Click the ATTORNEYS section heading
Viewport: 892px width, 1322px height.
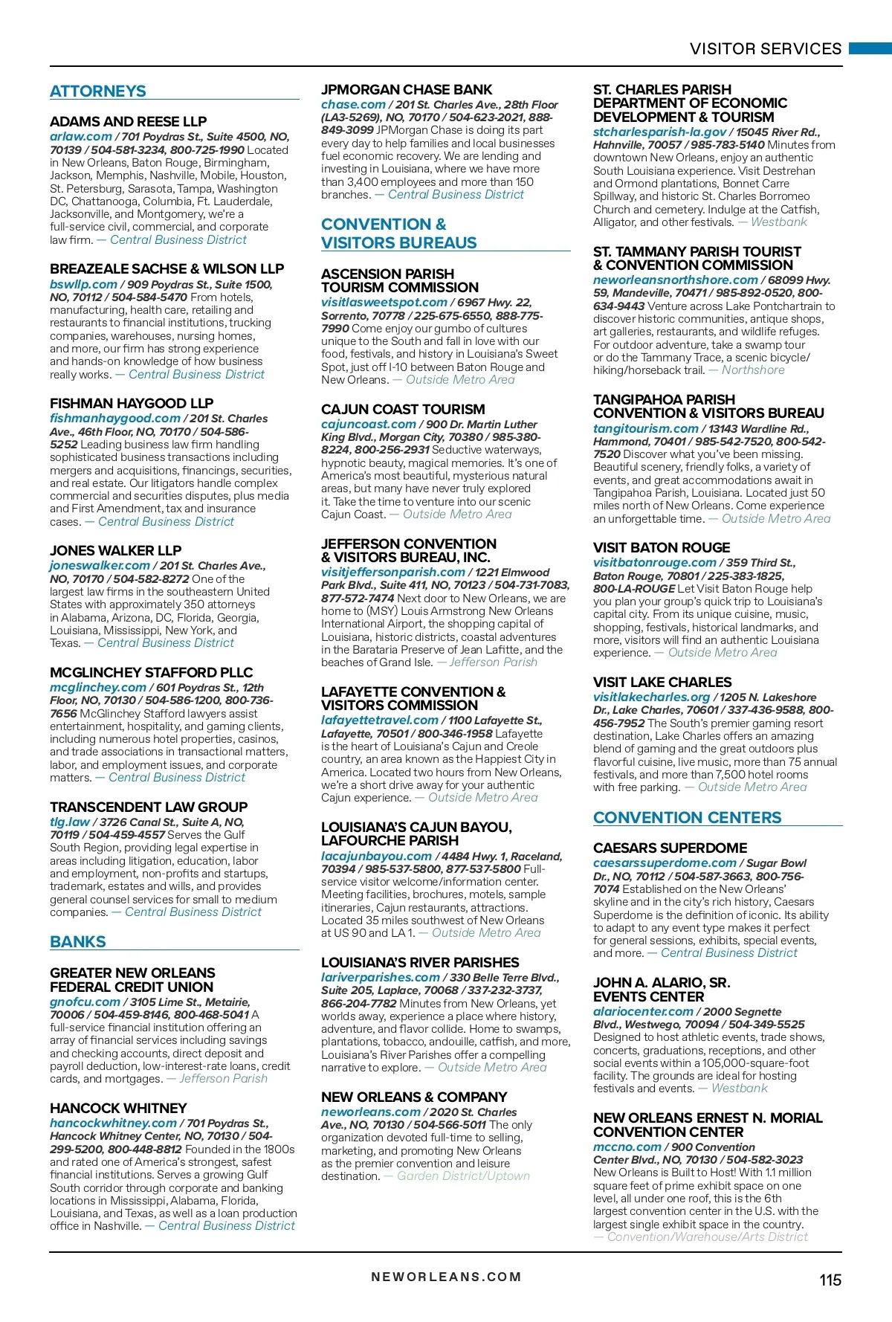(x=97, y=91)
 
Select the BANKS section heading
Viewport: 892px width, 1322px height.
(x=78, y=942)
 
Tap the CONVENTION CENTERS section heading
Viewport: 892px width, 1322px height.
(x=687, y=818)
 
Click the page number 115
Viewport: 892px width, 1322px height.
(x=830, y=1280)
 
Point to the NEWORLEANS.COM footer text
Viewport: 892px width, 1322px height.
(x=446, y=1277)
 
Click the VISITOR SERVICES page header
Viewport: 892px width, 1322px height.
(x=765, y=49)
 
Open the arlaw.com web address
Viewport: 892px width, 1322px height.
(x=80, y=137)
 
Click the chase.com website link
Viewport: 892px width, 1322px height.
(x=353, y=105)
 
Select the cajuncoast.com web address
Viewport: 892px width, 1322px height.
(x=368, y=425)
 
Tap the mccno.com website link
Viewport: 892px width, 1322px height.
(x=627, y=1147)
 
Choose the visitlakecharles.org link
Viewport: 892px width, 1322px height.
(x=651, y=697)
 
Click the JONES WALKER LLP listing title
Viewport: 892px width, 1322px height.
(x=115, y=551)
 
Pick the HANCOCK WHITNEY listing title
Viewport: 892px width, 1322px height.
(x=118, y=1108)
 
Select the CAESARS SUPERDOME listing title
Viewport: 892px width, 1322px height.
(x=670, y=848)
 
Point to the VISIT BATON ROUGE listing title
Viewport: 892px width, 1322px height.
(x=662, y=548)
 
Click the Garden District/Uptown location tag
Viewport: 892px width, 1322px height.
(x=463, y=1176)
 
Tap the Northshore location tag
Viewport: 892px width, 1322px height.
(x=752, y=370)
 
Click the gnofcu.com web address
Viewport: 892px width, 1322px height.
(x=85, y=1002)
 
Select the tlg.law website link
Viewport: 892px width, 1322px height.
(x=70, y=822)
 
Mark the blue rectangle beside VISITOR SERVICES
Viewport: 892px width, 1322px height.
(x=870, y=48)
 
